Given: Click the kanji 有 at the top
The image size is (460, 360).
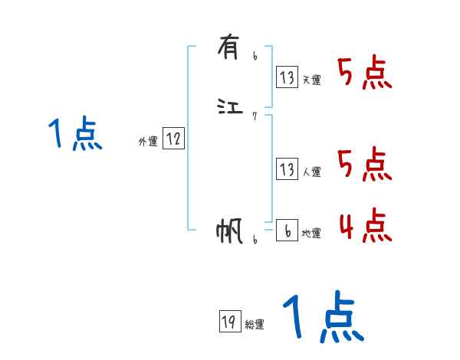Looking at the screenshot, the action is coord(228,49).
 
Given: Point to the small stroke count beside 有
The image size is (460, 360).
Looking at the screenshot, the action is coord(255,56).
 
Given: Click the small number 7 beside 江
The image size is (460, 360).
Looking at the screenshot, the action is coord(255,116).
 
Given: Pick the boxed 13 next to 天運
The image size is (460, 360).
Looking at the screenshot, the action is coord(287,77).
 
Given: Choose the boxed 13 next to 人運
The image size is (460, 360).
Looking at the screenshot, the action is coord(287,169).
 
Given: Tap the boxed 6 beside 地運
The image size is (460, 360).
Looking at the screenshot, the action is coord(287,231).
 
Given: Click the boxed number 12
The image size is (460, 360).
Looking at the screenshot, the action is coord(173,139).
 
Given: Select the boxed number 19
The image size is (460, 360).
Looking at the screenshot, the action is coord(228,322).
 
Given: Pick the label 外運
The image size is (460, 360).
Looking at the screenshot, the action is coord(147,142).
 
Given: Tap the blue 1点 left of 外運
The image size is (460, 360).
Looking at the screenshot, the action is coord(74,135).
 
